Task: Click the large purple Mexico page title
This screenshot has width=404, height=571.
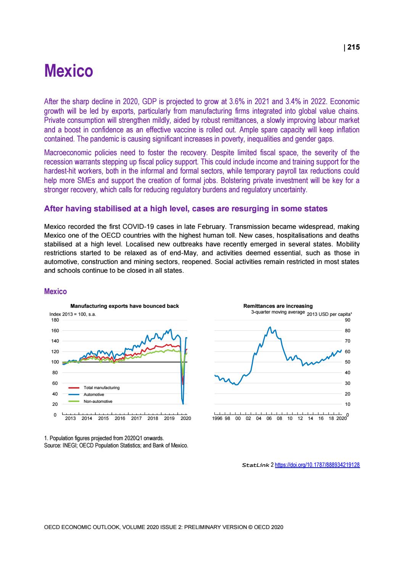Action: pos(69,71)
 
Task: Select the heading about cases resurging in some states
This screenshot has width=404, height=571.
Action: pos(186,209)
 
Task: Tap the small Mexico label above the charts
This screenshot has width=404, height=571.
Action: pos(55,291)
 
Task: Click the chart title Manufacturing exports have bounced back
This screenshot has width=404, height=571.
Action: pos(124,306)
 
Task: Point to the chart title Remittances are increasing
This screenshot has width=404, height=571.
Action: pos(278,306)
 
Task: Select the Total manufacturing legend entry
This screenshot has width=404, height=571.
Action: pos(101,388)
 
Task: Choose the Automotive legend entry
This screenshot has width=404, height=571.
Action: pos(94,394)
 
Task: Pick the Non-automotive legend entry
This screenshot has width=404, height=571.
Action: pos(98,401)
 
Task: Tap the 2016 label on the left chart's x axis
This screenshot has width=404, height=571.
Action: pos(120,418)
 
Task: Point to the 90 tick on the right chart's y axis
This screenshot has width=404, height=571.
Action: pos(348,320)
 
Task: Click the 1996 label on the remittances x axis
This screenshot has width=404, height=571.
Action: pos(217,418)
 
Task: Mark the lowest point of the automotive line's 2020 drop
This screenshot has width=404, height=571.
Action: pos(183,404)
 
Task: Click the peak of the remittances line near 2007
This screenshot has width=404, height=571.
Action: pos(270,327)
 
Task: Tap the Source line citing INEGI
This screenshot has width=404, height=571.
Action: pos(116,445)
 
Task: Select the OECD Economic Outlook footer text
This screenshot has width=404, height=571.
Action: pos(164,527)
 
